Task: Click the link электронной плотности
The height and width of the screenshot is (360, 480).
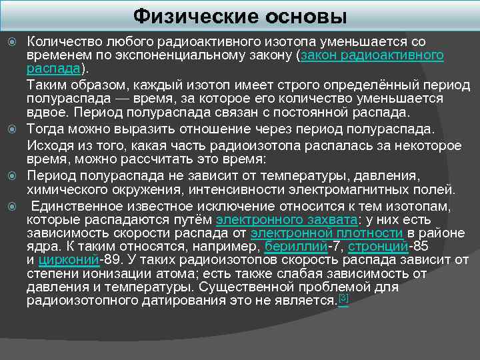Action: coord(327,233)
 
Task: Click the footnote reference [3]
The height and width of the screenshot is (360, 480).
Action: coord(343,297)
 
